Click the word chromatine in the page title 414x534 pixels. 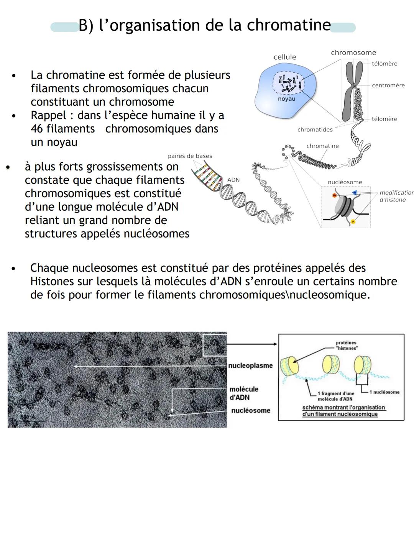(x=289, y=26)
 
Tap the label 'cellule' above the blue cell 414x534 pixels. (x=284, y=57)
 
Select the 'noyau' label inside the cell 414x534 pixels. (x=286, y=99)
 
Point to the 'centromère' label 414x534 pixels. (x=388, y=85)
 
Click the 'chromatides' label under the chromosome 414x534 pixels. (x=315, y=130)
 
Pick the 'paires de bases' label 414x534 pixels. (x=190, y=156)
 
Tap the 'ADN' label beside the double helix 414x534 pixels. (x=233, y=180)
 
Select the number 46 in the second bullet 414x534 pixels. (x=38, y=129)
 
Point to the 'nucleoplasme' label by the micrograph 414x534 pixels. (x=250, y=365)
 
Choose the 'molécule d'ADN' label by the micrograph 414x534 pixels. (x=244, y=393)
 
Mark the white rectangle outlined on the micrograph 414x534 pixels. (x=214, y=345)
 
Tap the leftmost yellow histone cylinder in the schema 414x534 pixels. (x=290, y=366)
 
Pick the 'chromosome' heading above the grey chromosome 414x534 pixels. (x=353, y=53)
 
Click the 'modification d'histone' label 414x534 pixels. (x=396, y=196)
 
